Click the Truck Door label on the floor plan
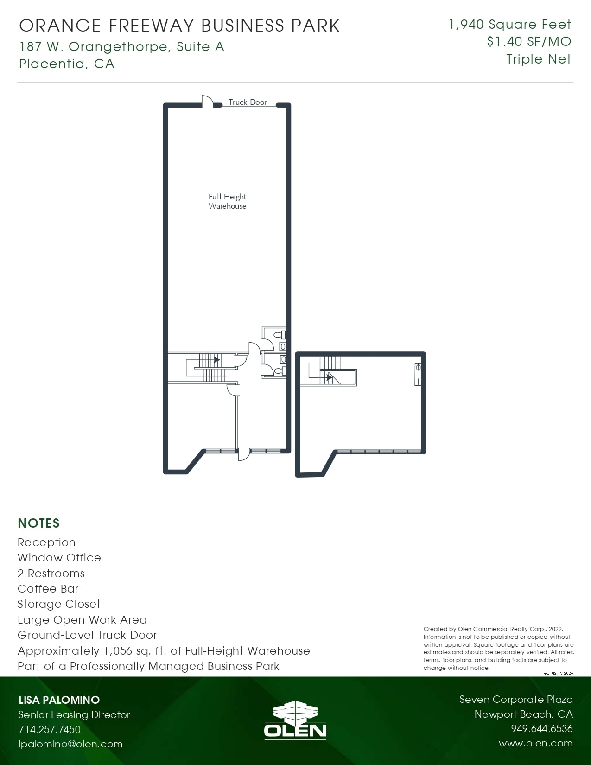[248, 102]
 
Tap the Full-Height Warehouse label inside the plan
[227, 201]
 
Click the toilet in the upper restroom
[280, 334]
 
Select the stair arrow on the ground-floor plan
[216, 359]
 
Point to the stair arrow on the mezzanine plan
[329, 377]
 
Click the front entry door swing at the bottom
[244, 455]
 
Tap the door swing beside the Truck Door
[207, 101]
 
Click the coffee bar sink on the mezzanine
[418, 368]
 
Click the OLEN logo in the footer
[295, 720]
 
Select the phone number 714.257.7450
[50, 729]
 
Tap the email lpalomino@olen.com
[70, 744]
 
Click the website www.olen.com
[535, 743]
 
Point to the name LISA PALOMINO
[59, 700]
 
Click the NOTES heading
[38, 523]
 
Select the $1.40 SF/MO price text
[529, 42]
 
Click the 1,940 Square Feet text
[510, 24]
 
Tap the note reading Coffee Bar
[48, 589]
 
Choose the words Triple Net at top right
[539, 59]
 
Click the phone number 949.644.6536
[541, 728]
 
